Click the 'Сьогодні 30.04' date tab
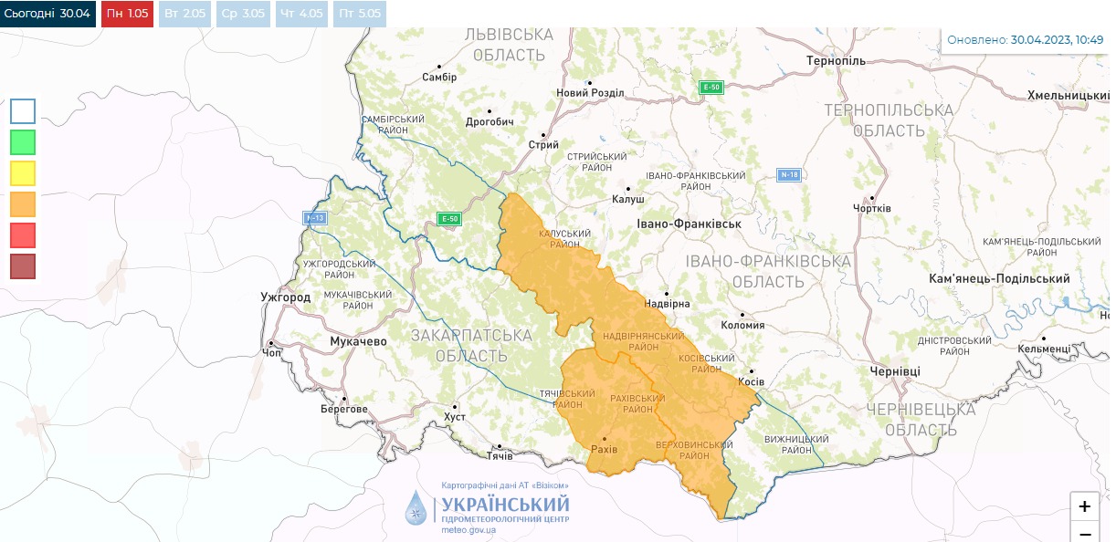coord(47,14)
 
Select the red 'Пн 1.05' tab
coord(127,14)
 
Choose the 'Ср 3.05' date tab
coord(243,14)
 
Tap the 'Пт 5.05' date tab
coord(359,14)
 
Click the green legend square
coord(23,142)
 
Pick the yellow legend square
coord(23,173)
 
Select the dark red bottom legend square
coord(23,266)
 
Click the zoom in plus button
coord(1084,506)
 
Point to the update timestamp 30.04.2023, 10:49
coord(1057,40)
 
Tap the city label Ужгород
coord(285,297)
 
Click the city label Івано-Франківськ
coord(688,224)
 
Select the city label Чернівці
coord(895,371)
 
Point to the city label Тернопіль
coord(835,60)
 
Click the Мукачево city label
coord(358,341)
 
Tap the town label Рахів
coord(604,450)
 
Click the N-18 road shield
coord(789,174)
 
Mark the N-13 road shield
coord(315,218)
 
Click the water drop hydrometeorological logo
coord(416,507)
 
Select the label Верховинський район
coord(694,449)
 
